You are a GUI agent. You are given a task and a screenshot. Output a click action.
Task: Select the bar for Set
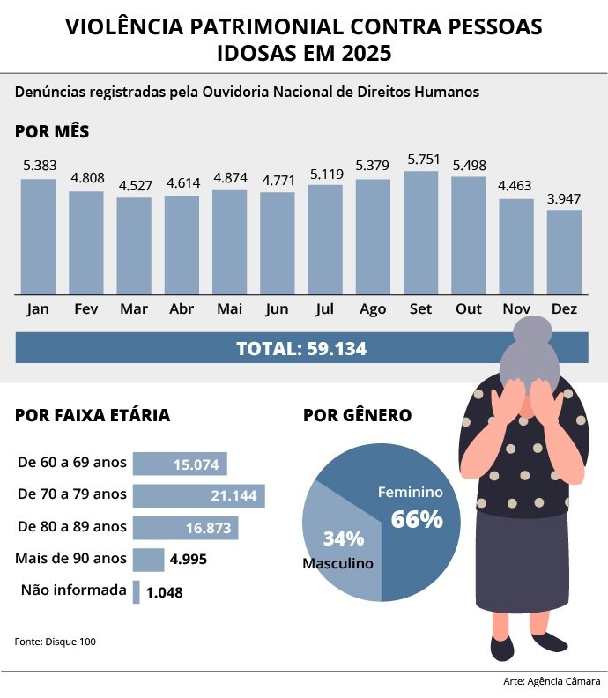420,232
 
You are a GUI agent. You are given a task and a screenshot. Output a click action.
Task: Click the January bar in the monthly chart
38,235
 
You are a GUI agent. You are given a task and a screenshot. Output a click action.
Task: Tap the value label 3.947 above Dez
564,199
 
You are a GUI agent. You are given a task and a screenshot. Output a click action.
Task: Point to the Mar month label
134,309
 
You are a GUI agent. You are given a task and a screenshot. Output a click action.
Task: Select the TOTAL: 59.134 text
301,348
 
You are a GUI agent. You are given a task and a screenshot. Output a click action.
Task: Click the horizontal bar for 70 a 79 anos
198,496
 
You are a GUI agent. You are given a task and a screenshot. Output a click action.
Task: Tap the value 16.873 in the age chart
209,528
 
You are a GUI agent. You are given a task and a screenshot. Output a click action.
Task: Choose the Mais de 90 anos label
71,559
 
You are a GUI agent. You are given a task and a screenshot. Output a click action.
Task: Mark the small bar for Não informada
137,591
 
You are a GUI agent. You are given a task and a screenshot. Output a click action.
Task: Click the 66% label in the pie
416,519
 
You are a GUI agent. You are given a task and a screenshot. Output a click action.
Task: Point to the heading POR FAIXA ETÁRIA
93,416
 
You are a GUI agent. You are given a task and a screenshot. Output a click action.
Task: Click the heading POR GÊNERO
357,416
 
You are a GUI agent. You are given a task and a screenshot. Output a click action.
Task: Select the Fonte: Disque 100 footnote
56,642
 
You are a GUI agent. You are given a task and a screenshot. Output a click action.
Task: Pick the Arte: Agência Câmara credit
552,682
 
